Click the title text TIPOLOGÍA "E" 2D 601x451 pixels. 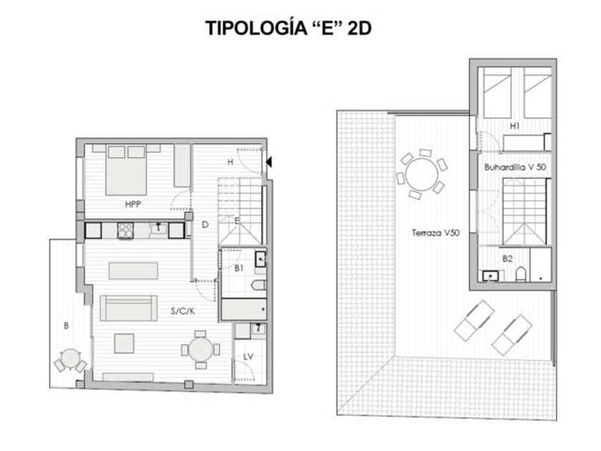[x=288, y=28]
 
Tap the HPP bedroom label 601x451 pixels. [x=133, y=205]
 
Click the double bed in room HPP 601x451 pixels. [x=126, y=170]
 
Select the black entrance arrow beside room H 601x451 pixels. [x=269, y=163]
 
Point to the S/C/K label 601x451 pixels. [x=183, y=311]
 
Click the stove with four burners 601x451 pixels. [x=125, y=231]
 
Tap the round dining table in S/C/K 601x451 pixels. [x=200, y=349]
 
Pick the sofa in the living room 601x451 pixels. [x=128, y=308]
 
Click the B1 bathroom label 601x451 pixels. [x=239, y=268]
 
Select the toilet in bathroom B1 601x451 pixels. [x=259, y=285]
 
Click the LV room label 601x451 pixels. [x=248, y=357]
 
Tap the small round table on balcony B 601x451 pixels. [x=70, y=358]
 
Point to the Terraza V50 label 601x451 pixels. [x=436, y=233]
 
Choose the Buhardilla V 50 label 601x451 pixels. [x=514, y=168]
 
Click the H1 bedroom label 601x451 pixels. [x=514, y=126]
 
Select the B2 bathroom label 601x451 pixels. [x=507, y=259]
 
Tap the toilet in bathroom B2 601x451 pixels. [x=521, y=274]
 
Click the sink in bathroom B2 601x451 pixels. [x=491, y=276]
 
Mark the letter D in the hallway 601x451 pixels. [x=205, y=225]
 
